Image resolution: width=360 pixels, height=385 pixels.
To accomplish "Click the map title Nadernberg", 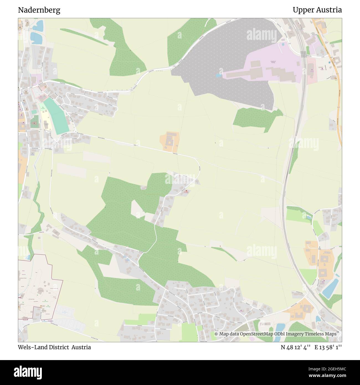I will [39, 10].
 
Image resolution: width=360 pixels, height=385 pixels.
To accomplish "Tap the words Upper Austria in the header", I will [317, 10].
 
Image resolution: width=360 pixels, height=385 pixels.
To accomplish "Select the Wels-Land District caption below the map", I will [55, 347].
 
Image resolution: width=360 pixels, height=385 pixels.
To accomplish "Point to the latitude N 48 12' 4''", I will [296, 347].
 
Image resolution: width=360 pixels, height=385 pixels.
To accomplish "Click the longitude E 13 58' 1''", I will [330, 347].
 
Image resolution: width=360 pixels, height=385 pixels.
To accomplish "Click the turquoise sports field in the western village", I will [56, 116].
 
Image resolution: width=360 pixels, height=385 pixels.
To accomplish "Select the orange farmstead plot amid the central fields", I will [169, 141].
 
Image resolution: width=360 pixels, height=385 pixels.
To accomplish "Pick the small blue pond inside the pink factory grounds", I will [219, 75].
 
